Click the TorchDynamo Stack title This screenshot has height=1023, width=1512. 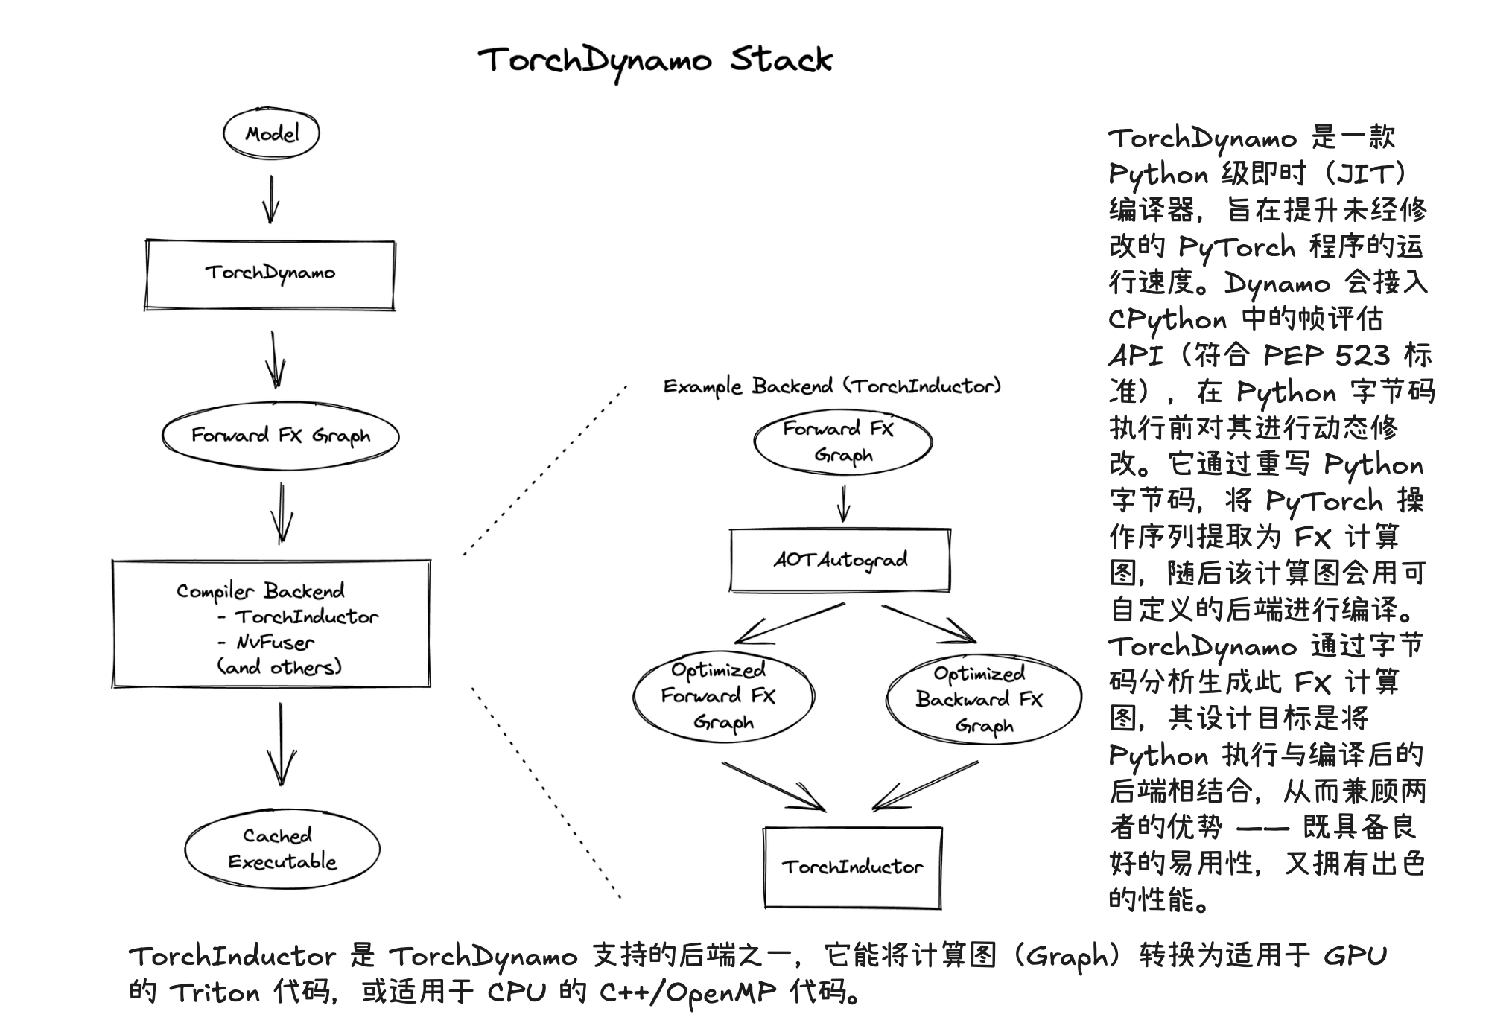[655, 60]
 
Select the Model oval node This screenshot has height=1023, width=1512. [271, 134]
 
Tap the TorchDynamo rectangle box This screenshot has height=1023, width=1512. [270, 274]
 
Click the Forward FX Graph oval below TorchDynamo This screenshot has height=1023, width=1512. [280, 436]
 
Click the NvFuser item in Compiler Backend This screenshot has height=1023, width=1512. [276, 642]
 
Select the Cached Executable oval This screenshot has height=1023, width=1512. [282, 849]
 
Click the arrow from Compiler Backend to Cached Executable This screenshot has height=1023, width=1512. [281, 745]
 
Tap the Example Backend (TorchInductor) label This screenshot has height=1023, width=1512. [832, 386]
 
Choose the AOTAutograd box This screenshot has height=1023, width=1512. [840, 560]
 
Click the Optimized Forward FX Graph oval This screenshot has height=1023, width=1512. [722, 697]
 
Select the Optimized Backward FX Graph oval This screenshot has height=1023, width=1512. [982, 699]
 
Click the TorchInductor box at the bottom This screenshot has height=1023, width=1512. [853, 867]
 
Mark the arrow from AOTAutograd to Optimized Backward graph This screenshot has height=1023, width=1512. [929, 623]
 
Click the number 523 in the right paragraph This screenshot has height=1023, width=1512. [1362, 355]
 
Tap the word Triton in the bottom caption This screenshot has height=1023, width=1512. [215, 992]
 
